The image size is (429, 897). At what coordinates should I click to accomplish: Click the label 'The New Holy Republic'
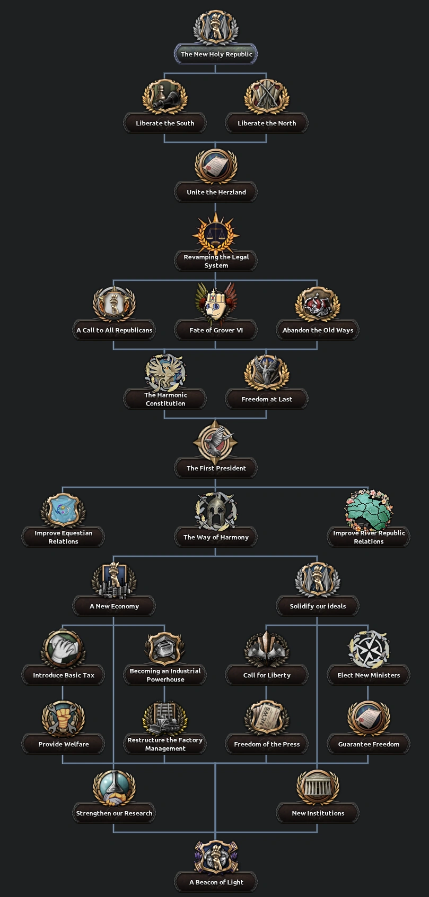click(x=216, y=54)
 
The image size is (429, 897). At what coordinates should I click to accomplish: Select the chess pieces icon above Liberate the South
click(x=165, y=97)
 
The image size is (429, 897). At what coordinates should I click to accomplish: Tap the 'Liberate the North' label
click(x=267, y=123)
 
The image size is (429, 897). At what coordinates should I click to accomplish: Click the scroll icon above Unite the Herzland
click(x=216, y=166)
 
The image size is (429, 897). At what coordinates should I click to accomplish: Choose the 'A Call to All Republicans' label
click(x=114, y=330)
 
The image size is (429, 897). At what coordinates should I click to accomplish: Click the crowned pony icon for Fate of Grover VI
click(x=216, y=303)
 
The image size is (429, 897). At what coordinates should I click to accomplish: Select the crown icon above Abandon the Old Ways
click(x=318, y=304)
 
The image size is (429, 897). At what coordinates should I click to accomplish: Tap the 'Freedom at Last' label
click(x=267, y=399)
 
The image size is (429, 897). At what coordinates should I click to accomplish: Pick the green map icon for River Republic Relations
click(x=369, y=510)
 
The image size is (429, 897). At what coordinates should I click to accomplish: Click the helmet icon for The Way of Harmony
click(x=216, y=511)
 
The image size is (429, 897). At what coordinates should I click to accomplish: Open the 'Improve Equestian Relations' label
click(x=63, y=537)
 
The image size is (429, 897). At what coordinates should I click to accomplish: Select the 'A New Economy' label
click(x=114, y=606)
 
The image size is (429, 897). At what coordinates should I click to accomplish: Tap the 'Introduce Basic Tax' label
click(x=63, y=675)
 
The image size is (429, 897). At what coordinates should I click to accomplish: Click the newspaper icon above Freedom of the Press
click(x=267, y=718)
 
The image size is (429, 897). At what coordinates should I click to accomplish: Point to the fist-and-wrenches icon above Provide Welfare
click(x=63, y=718)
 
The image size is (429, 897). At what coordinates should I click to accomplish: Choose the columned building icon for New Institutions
click(x=318, y=787)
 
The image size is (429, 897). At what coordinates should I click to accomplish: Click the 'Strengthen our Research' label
click(x=114, y=813)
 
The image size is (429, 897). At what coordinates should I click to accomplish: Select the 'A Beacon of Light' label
click(x=216, y=882)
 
